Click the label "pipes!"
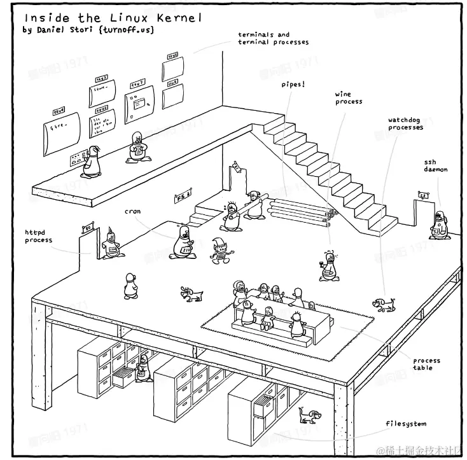tap(293, 84)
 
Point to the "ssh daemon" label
tap(436, 166)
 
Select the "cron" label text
tap(132, 211)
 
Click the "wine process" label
tap(349, 98)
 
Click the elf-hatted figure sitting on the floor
tap(220, 249)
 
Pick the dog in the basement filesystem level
tap(309, 416)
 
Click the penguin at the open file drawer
tap(144, 368)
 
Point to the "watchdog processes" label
tap(405, 123)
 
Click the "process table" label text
tap(426, 364)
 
